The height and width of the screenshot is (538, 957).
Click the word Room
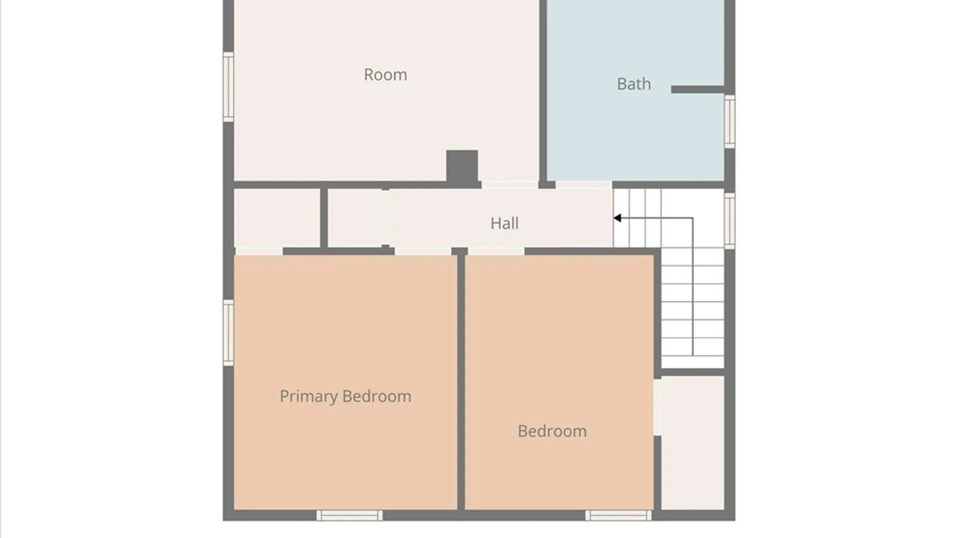pyautogui.click(x=385, y=75)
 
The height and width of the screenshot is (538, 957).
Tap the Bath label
pyautogui.click(x=634, y=84)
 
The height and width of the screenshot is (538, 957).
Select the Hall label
pyautogui.click(x=504, y=223)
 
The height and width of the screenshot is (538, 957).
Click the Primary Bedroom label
pyautogui.click(x=345, y=397)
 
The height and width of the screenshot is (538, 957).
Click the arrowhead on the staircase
pyautogui.click(x=618, y=218)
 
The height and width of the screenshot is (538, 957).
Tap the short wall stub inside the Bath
pyautogui.click(x=697, y=89)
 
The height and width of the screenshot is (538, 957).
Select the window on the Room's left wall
pyautogui.click(x=228, y=87)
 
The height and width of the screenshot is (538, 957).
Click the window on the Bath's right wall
pyautogui.click(x=730, y=122)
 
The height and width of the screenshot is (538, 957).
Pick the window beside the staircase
pyautogui.click(x=730, y=221)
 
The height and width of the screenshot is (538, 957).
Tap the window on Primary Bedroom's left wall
pyautogui.click(x=228, y=333)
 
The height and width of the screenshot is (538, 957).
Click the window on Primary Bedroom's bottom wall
pyautogui.click(x=349, y=516)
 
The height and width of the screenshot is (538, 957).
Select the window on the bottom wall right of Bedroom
pyautogui.click(x=618, y=516)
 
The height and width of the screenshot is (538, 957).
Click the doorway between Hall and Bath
pyautogui.click(x=584, y=185)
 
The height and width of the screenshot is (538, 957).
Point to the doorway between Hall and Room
pyautogui.click(x=509, y=185)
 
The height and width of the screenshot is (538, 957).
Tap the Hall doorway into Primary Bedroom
pyautogui.click(x=423, y=251)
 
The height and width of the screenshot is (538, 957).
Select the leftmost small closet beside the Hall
pyautogui.click(x=277, y=218)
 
